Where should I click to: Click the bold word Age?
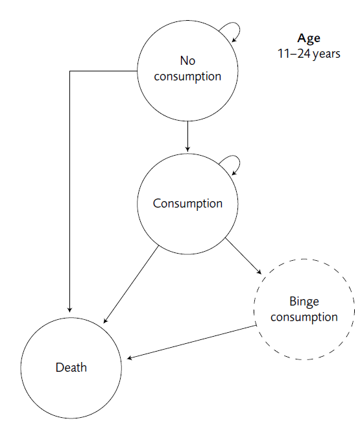[x=309, y=38]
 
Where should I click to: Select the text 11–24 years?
[x=309, y=54]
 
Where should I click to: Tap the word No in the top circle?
[x=187, y=61]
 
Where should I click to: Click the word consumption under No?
[x=187, y=77]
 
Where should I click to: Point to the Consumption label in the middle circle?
[x=187, y=204]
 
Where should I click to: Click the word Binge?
[x=304, y=302]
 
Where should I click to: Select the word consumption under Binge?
[x=304, y=317]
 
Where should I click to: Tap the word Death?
[x=71, y=367]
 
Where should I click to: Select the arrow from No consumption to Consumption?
[x=187, y=136]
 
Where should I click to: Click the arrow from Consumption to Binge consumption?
[x=243, y=256]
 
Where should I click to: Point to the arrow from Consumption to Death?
[x=131, y=284]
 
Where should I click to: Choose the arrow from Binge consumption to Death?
[x=191, y=342]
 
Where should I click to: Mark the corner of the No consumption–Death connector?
[x=70, y=71]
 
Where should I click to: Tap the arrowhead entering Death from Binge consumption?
[x=129, y=357]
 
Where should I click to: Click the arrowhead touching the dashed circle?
[x=259, y=272]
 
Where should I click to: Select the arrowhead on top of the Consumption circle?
[x=187, y=149]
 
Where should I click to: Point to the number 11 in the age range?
[x=283, y=53]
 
